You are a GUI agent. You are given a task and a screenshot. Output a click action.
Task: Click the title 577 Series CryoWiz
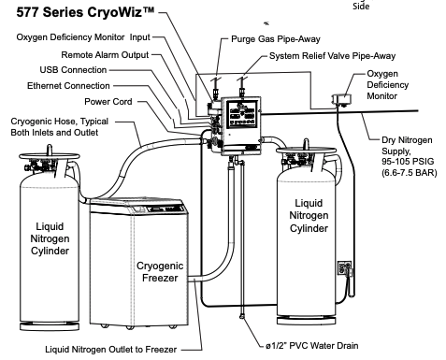pyautogui.click(x=85, y=12)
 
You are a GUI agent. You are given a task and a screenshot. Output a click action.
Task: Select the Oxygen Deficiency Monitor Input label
pyautogui.click(x=83, y=37)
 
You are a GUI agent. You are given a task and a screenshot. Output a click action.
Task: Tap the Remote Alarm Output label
pyautogui.click(x=105, y=55)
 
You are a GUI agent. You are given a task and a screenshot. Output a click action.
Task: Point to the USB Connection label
pyautogui.click(x=73, y=70)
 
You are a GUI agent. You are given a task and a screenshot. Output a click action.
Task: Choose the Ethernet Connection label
pyautogui.click(x=68, y=86)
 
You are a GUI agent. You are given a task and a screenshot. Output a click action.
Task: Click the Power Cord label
pyautogui.click(x=108, y=102)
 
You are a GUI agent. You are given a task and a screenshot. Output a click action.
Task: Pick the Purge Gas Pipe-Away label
pyautogui.click(x=276, y=39)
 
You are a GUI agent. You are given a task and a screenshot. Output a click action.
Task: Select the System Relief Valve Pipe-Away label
pyautogui.click(x=332, y=56)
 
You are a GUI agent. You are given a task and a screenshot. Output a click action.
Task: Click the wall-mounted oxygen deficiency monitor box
pyautogui.click(x=341, y=99)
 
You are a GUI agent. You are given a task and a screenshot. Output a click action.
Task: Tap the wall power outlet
pyautogui.click(x=344, y=268)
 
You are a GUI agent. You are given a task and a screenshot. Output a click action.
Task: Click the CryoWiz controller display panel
pyautogui.click(x=242, y=115)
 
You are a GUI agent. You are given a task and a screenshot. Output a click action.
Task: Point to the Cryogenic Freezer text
pyautogui.click(x=160, y=271)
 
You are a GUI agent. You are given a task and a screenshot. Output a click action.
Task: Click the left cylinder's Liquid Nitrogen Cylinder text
pyautogui.click(x=50, y=238)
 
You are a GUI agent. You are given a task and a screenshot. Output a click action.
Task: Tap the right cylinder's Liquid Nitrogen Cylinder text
pyautogui.click(x=309, y=215)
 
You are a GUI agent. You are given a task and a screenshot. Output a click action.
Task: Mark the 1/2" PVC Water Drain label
pyautogui.click(x=312, y=346)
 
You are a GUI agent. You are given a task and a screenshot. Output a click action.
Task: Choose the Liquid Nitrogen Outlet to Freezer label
pyautogui.click(x=111, y=350)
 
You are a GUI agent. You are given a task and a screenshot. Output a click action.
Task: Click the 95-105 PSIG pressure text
pyautogui.click(x=408, y=162)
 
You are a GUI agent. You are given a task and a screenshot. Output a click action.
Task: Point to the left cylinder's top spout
pyautogui.click(x=50, y=150)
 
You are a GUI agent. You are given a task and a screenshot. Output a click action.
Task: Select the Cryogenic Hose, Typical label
pyautogui.click(x=60, y=122)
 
